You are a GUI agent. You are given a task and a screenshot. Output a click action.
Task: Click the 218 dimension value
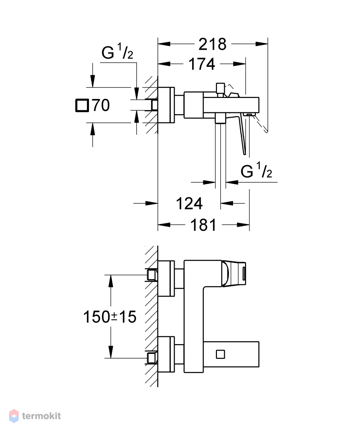(x=212, y=44)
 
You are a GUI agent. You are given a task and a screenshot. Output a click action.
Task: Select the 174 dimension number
(x=202, y=64)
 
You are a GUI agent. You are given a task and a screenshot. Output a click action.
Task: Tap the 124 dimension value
(x=189, y=204)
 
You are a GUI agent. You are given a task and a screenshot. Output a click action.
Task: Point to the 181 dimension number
(x=203, y=225)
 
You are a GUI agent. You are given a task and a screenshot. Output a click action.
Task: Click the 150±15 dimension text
(x=110, y=317)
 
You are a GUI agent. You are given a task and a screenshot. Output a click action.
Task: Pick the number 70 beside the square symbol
(x=101, y=105)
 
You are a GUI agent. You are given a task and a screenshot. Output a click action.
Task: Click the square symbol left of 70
(x=82, y=105)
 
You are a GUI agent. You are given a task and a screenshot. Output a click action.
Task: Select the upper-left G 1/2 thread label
(x=117, y=51)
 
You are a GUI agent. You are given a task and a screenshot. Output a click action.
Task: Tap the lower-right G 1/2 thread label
(x=256, y=170)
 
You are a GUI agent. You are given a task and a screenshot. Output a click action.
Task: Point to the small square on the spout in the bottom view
(x=220, y=354)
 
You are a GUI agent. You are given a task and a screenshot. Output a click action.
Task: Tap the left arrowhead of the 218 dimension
(x=164, y=44)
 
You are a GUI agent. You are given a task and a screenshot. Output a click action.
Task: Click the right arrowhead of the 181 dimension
(x=243, y=225)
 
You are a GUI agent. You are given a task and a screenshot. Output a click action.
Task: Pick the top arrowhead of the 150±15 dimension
(x=111, y=281)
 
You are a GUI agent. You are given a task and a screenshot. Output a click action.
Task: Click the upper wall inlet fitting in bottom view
(x=151, y=275)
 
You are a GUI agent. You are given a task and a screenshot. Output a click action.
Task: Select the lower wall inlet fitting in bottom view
(x=151, y=358)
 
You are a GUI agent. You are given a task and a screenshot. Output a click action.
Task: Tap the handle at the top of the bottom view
(x=234, y=274)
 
